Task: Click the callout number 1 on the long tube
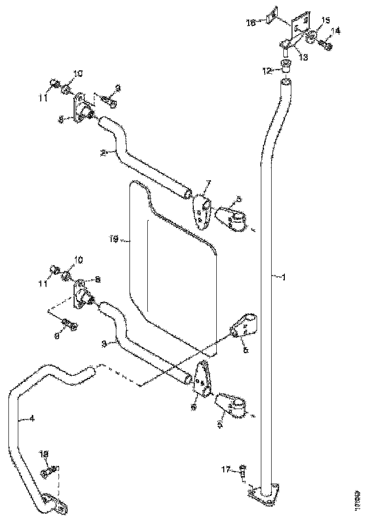click(282, 277)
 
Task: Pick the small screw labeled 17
click(242, 470)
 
